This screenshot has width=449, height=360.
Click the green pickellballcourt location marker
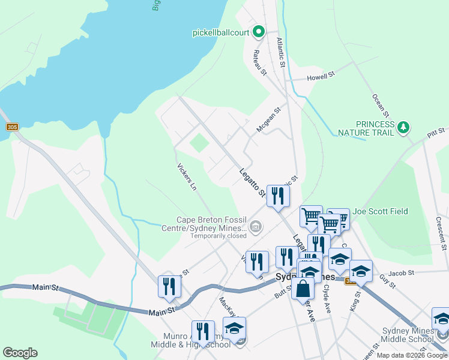pos(259,32)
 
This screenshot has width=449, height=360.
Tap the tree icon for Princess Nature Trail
pos(404,127)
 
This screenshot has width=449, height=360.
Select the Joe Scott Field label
pos(380,211)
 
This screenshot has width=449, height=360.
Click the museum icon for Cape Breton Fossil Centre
pos(256,227)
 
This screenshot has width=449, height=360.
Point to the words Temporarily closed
pos(218,236)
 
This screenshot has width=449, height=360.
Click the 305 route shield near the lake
pos(12,127)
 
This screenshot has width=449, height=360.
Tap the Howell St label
pos(320,77)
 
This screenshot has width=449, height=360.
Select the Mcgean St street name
pos(268,120)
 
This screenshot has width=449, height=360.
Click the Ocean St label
pos(381,106)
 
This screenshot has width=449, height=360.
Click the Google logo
pos(20,353)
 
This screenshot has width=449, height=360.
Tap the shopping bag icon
pos(304,289)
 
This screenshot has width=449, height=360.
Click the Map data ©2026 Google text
pos(412,355)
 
